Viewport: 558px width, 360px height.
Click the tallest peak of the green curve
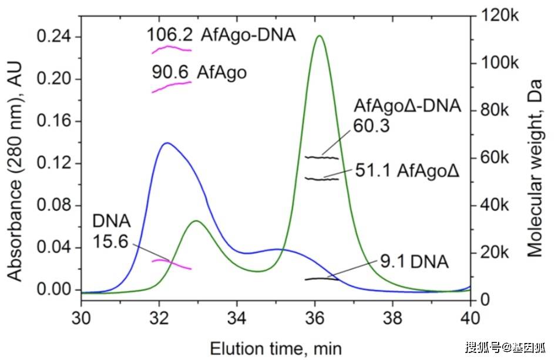coord(319,36)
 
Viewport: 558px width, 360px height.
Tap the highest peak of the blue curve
coord(167,143)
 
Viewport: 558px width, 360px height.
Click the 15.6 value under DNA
coord(110,241)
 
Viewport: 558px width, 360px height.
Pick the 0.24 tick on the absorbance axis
coord(54,37)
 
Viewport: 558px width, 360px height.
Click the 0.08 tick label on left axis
coord(54,206)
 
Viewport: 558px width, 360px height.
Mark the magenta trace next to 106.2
coord(171,48)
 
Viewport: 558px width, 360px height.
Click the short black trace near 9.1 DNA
coord(321,278)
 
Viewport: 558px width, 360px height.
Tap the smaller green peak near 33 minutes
coord(196,221)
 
